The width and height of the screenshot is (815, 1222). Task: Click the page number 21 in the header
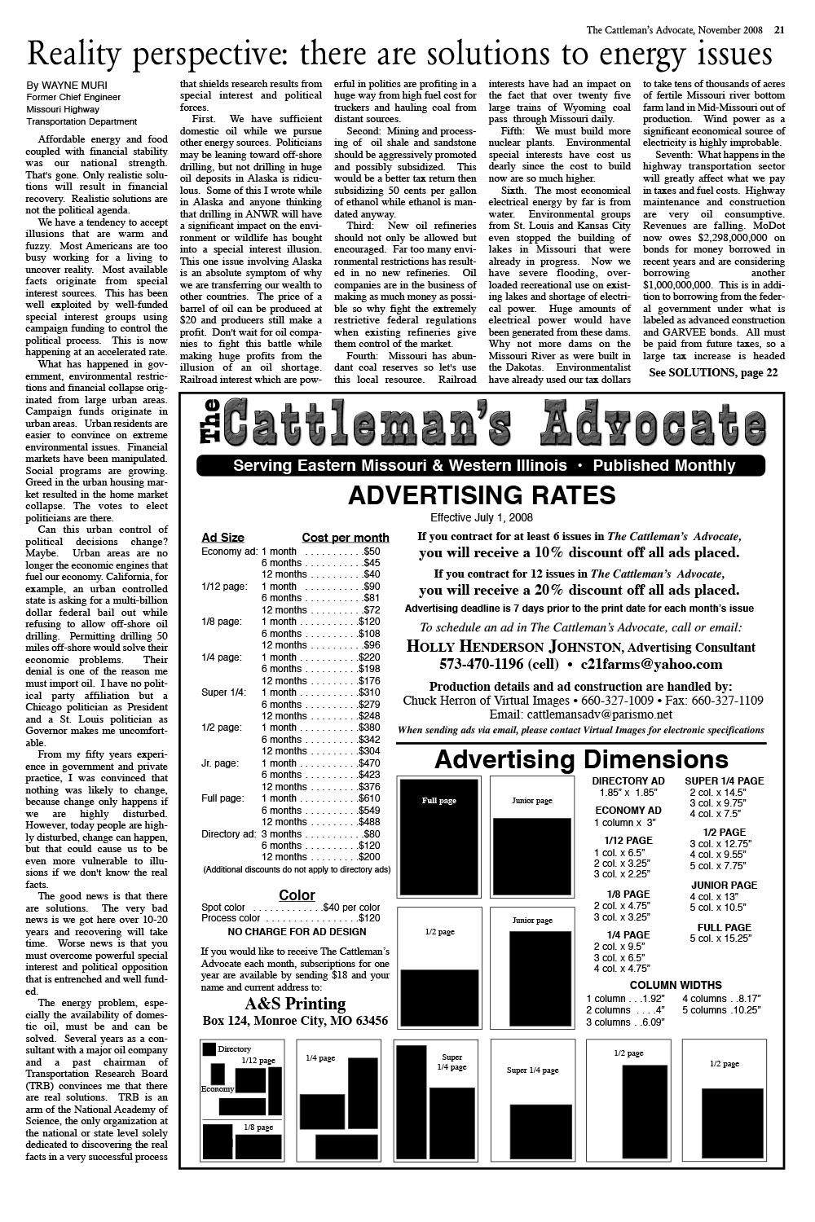[779, 31]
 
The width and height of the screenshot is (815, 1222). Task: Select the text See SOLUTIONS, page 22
[712, 372]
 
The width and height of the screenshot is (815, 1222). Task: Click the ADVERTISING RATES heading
[481, 495]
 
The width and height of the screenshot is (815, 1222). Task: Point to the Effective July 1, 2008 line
[481, 518]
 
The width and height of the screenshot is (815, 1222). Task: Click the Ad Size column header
[222, 538]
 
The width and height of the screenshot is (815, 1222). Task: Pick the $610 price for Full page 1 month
[368, 799]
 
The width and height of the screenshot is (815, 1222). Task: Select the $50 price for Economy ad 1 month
[372, 552]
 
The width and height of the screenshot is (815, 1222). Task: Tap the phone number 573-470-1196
[482, 664]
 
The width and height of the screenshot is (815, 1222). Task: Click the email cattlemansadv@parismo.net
[580, 714]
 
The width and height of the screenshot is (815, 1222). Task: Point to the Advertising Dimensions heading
[580, 760]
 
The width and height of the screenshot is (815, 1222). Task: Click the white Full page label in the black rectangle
[438, 801]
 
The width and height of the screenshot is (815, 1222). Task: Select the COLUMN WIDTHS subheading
[676, 985]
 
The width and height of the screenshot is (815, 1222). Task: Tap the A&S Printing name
[295, 1004]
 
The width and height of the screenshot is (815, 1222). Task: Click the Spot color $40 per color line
[290, 908]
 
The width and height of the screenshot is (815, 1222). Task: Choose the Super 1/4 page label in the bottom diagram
[532, 1070]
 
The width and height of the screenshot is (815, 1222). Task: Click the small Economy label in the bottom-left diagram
[218, 1089]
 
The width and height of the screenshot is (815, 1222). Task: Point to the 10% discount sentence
[579, 552]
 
